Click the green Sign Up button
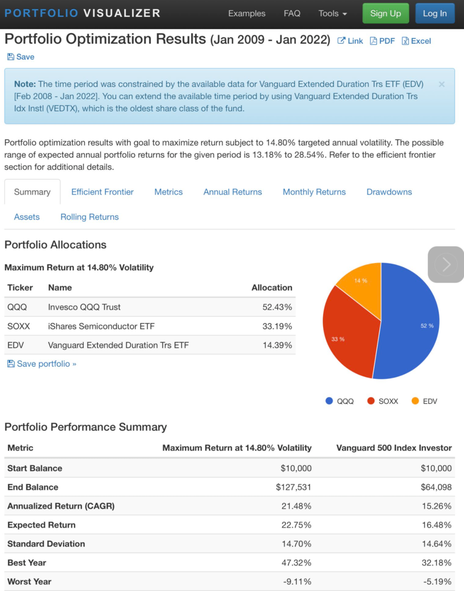tap(386, 13)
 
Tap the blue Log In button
tap(434, 13)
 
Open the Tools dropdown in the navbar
tap(332, 13)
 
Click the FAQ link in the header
tap(292, 13)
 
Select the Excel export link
tap(416, 41)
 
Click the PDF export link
tap(382, 41)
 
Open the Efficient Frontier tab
tap(103, 192)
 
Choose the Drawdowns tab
tap(389, 192)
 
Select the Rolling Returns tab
tap(90, 217)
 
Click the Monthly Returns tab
tap(314, 192)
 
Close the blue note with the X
tap(442, 84)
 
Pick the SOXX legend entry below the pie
tap(383, 401)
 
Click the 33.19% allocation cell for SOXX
tap(277, 326)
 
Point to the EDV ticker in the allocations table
tap(15, 345)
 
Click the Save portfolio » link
tap(41, 364)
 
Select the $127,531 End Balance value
tap(293, 487)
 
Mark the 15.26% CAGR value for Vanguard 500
tap(436, 506)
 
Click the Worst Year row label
tap(30, 582)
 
